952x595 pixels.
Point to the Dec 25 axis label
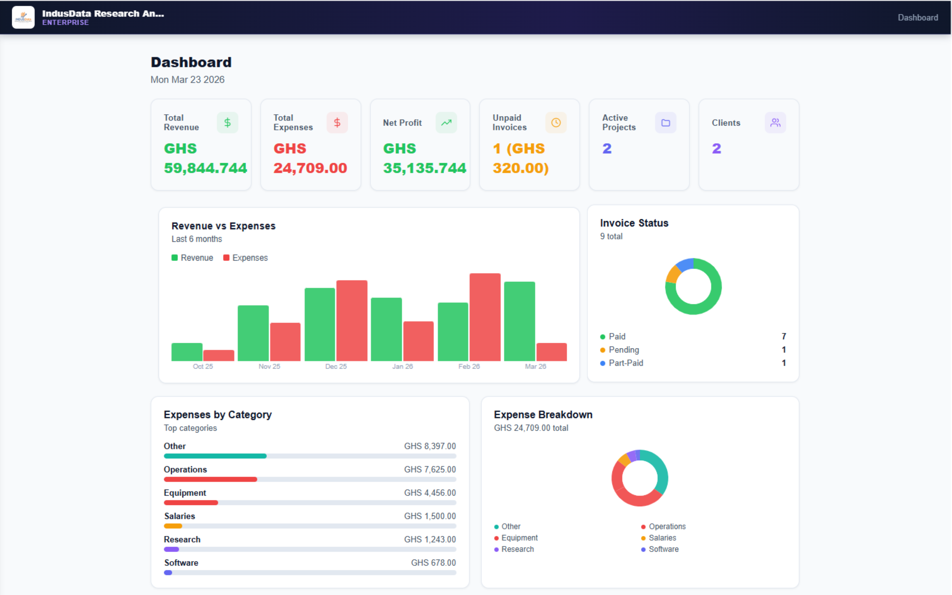tap(336, 366)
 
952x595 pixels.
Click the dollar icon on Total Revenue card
tap(227, 123)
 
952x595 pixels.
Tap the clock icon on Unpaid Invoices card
tap(556, 123)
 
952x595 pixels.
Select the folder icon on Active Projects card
tap(666, 123)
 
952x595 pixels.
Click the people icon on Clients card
tap(775, 123)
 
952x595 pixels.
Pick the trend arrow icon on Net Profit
tap(446, 123)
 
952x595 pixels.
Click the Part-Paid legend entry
tap(625, 363)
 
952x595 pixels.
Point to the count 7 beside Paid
tap(784, 336)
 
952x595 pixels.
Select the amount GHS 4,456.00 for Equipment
tap(430, 493)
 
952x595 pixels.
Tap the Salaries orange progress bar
tap(173, 526)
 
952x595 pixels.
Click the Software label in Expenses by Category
tap(181, 563)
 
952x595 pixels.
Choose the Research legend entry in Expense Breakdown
tap(517, 549)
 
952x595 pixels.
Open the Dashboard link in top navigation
tap(917, 17)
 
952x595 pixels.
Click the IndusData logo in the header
tap(23, 17)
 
